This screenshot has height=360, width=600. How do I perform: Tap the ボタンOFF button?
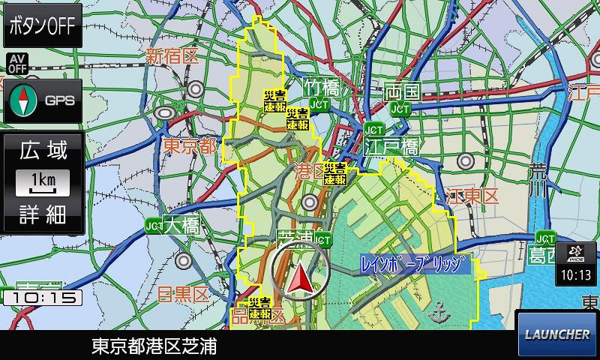pos(41,25)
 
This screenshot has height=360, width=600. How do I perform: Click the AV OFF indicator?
pos(16,64)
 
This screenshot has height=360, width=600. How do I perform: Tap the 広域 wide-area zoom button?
pos(43,151)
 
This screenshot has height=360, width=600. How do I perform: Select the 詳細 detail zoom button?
pos(43,214)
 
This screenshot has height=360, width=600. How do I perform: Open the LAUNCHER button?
pos(556,334)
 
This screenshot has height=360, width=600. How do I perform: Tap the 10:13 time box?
pos(576,275)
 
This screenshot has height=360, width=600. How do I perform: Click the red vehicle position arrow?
pos(301,279)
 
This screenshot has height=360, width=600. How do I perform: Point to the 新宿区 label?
pos(171,55)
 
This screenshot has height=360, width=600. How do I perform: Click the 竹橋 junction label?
pos(322,85)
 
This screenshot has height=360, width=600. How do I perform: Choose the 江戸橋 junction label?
pos(391,146)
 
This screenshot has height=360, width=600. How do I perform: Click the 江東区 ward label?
pos(472,196)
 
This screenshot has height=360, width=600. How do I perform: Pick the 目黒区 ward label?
pos(183,294)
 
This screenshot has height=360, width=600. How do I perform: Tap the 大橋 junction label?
pos(181,224)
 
